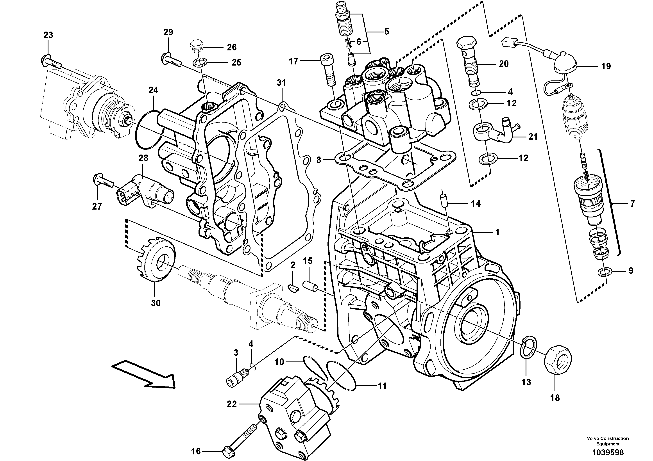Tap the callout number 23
point(48,35)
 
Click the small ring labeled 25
point(198,62)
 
